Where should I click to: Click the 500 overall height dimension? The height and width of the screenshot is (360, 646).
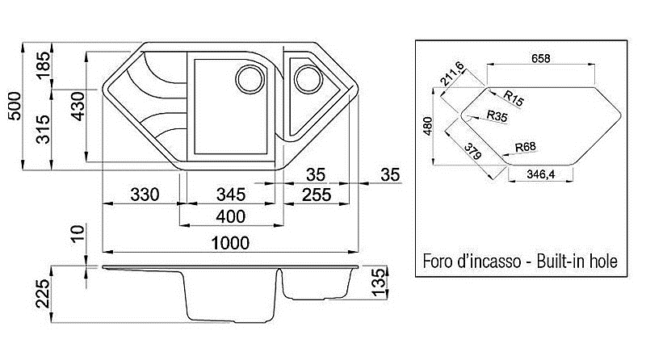click(x=15, y=106)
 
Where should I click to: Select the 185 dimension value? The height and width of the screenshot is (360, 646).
click(x=43, y=65)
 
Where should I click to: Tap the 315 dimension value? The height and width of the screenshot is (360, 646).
click(x=43, y=129)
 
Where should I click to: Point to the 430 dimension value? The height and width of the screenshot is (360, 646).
click(x=78, y=107)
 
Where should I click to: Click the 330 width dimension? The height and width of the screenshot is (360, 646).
click(x=145, y=195)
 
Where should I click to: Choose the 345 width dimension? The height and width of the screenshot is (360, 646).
click(x=231, y=195)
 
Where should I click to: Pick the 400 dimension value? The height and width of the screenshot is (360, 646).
click(x=231, y=216)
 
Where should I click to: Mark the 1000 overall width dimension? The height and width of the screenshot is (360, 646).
click(x=230, y=243)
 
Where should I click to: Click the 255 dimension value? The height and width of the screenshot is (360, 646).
click(x=317, y=195)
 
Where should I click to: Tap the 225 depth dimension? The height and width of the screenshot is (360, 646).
click(x=43, y=294)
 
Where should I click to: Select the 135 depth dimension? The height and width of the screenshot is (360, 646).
click(x=379, y=283)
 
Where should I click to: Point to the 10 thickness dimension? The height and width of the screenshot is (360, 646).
click(x=78, y=233)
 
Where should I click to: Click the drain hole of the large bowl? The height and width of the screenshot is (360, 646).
click(x=250, y=78)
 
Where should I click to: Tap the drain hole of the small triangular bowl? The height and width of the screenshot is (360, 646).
click(x=308, y=78)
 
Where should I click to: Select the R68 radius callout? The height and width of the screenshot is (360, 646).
click(x=526, y=147)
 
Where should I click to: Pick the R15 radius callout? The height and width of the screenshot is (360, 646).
click(x=514, y=98)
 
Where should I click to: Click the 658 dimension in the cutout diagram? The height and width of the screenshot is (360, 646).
click(x=540, y=58)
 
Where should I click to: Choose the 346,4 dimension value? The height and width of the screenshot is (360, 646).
click(x=540, y=174)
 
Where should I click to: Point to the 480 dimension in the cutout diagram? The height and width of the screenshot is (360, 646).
click(x=428, y=126)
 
